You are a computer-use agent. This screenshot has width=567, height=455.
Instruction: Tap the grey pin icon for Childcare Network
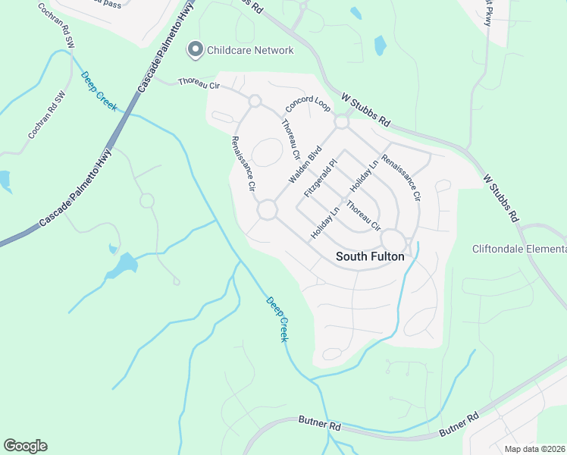tap(195, 50)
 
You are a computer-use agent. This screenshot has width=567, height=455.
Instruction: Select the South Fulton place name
tap(370, 256)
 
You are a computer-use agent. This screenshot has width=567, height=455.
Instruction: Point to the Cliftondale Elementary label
tap(519, 249)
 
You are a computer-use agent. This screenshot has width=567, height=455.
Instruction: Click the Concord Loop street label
tap(308, 104)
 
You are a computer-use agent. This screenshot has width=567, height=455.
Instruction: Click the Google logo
tap(25, 445)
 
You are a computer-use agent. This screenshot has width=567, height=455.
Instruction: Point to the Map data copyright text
tap(534, 448)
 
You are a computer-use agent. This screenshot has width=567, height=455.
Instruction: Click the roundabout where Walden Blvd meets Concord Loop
tap(341, 121)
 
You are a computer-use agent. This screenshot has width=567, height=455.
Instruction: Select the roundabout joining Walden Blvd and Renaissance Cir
tap(267, 209)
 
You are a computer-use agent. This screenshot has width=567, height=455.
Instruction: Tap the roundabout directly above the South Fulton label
tap(393, 240)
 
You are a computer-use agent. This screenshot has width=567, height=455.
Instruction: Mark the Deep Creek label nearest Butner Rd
tap(277, 318)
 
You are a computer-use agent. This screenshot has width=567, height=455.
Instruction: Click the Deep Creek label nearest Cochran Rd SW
tap(99, 91)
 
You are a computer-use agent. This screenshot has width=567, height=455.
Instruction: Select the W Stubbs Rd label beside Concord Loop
tap(365, 110)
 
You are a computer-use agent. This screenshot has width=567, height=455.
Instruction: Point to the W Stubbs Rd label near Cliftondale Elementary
tap(501, 198)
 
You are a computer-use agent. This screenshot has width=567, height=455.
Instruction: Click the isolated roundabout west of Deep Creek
tap(146, 201)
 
